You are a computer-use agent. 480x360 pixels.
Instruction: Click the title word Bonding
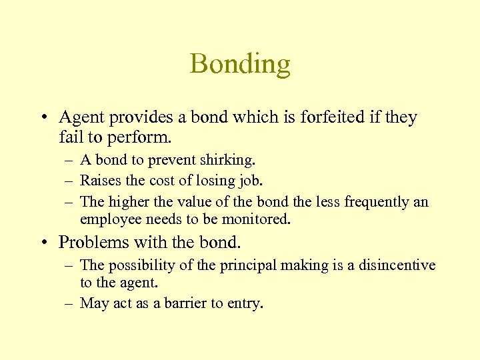pos(240,64)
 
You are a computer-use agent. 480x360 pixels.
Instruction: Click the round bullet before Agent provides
pos(43,119)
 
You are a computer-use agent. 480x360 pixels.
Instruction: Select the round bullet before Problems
pos(43,241)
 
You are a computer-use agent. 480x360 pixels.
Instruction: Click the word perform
pos(146,139)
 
